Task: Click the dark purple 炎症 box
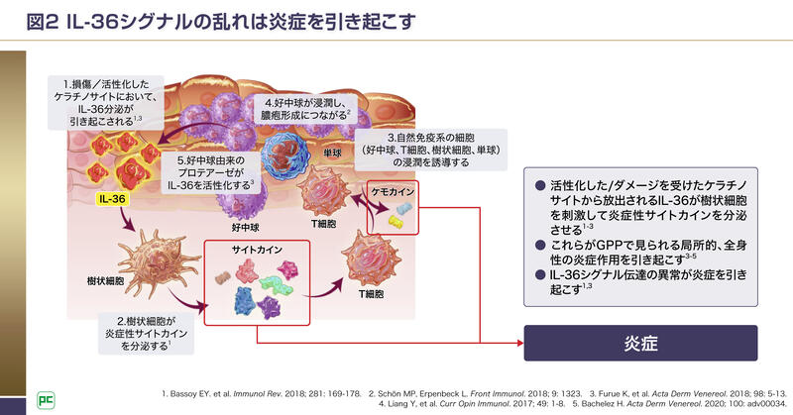[x=639, y=344]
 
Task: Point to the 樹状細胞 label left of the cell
[x=106, y=281]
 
